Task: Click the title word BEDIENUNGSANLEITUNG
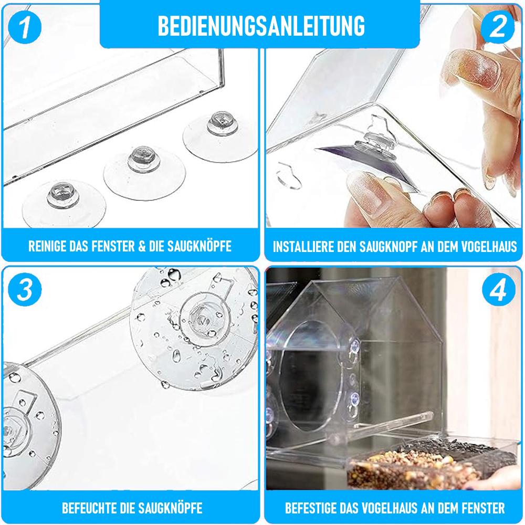pos(261,25)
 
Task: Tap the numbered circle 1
pos(25,27)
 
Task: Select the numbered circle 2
pos(498,27)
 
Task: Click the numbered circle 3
pos(25,289)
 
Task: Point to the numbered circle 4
pos(499,289)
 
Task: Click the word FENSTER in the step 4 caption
pos(483,508)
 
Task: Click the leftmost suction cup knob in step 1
pos(63,195)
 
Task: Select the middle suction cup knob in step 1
pos(144,159)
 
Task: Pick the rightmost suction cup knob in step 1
pos(222,123)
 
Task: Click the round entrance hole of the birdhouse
pos(309,375)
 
